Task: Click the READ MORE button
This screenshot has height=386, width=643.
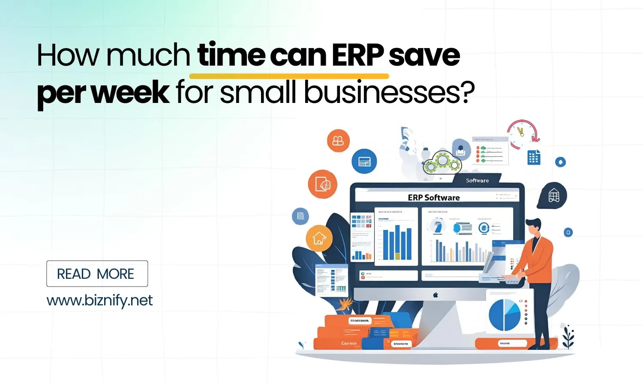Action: pyautogui.click(x=97, y=274)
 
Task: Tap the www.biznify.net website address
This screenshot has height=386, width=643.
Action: pyautogui.click(x=99, y=300)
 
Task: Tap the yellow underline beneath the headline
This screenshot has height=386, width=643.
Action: pyautogui.click(x=289, y=76)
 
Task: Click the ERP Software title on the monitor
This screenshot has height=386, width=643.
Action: pyautogui.click(x=433, y=198)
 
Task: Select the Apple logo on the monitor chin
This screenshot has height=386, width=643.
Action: pyautogui.click(x=436, y=295)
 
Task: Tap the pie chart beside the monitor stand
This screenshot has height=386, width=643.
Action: pyautogui.click(x=505, y=314)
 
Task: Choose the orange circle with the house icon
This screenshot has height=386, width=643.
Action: pyautogui.click(x=319, y=238)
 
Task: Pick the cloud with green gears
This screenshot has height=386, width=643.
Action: pyautogui.click(x=442, y=162)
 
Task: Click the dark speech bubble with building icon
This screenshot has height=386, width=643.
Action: pyautogui.click(x=553, y=196)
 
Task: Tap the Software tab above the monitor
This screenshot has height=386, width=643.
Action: pyautogui.click(x=477, y=181)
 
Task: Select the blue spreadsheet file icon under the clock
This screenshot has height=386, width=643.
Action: pyautogui.click(x=534, y=158)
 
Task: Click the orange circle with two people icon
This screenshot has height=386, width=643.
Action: pyautogui.click(x=338, y=140)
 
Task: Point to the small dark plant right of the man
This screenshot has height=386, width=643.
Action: pyautogui.click(x=568, y=336)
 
